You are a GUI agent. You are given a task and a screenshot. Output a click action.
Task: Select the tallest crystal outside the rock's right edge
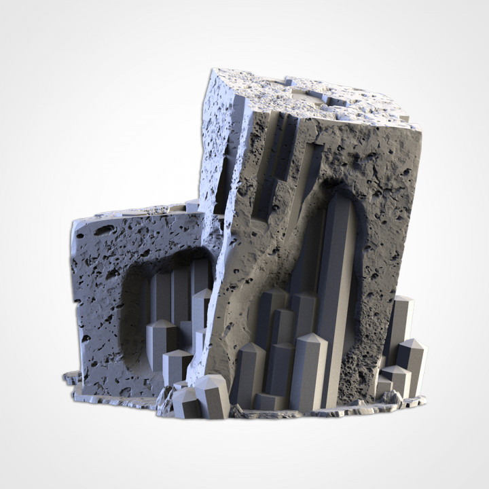pos(401,326)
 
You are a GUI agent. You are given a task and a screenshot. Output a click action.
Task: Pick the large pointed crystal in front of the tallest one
pos(309,370)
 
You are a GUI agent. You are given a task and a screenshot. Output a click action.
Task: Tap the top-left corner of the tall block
pos(213,71)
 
